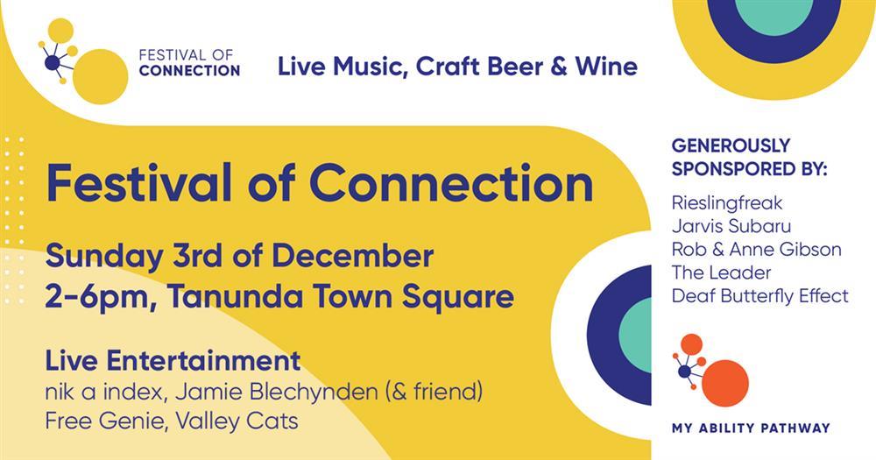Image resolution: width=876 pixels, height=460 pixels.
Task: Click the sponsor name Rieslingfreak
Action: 727,203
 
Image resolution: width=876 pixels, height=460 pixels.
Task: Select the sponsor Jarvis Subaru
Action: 731,226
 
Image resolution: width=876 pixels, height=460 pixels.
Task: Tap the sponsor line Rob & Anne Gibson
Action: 757,250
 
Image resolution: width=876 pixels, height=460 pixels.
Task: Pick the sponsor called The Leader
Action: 721,272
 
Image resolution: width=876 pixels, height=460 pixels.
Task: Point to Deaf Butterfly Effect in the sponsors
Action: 759,295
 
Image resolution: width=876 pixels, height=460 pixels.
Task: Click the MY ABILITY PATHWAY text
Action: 751,428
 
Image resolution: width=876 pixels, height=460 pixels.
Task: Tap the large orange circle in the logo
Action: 725,383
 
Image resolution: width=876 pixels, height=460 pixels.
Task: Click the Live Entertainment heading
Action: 173,360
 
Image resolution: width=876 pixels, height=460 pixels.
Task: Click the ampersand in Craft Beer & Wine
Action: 559,67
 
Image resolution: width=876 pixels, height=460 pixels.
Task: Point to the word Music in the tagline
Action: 369,67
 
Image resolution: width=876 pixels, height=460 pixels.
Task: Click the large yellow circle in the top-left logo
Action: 101,76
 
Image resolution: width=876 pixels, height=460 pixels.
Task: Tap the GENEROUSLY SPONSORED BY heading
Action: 749,157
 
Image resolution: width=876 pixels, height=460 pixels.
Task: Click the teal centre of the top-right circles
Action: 774,14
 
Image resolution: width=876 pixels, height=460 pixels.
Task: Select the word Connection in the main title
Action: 451,183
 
